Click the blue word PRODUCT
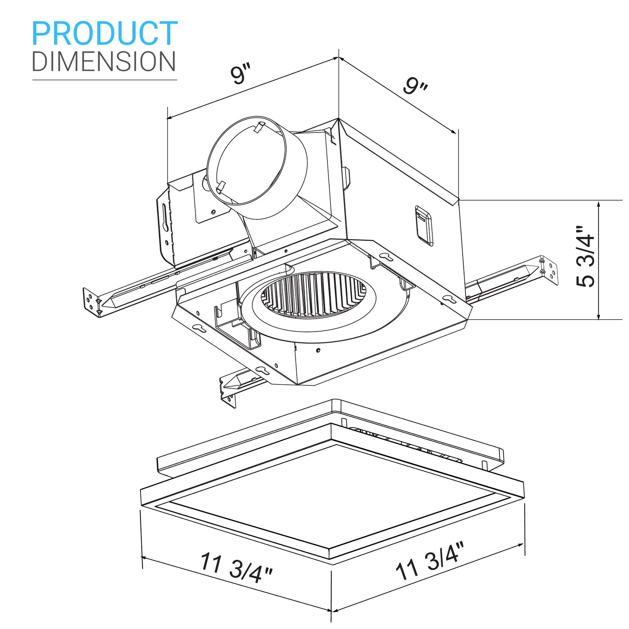click(104, 34)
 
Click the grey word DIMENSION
click(104, 62)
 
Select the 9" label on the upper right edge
click(415, 86)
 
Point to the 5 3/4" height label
click(585, 257)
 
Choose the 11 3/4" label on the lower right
click(430, 560)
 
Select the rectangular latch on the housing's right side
click(424, 225)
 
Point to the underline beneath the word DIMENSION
click(104, 80)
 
